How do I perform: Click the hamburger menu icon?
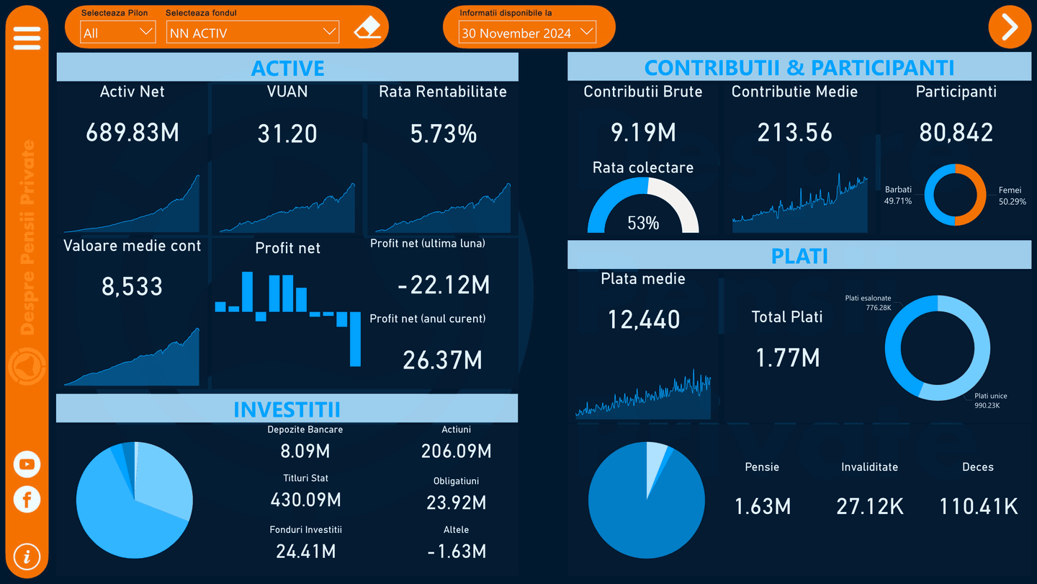coord(27,38)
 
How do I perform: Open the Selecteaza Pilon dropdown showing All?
coord(117,32)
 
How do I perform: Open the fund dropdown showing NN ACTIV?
coord(252,32)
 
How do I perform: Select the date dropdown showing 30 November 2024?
coord(528,32)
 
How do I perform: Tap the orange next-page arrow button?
coord(1010,27)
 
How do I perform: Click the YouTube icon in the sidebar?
coord(27,464)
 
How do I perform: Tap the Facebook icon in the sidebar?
coord(27,499)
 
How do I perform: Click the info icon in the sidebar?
coord(27,557)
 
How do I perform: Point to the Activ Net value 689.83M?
coord(133,133)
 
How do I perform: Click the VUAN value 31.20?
coord(287,133)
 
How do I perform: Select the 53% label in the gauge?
coord(643,223)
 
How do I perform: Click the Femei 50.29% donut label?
coord(1011,196)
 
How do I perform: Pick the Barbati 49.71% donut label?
coord(898,195)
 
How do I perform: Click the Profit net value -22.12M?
coord(444,285)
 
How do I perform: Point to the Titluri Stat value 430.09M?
coord(305,499)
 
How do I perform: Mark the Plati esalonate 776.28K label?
coord(868,303)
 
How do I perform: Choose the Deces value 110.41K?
coord(978,506)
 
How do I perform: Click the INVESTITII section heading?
coord(287,409)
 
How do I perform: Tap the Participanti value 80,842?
coord(956,133)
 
